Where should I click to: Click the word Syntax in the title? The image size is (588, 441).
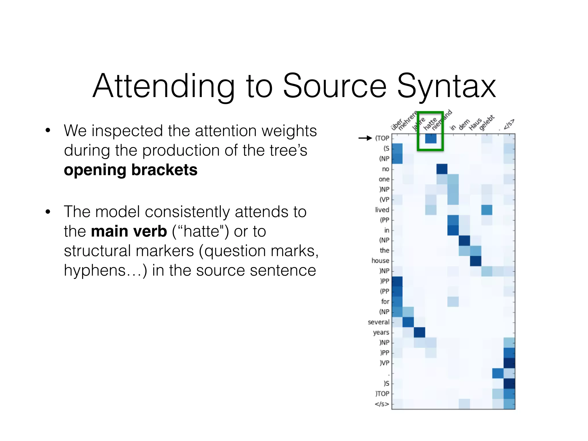tap(446, 86)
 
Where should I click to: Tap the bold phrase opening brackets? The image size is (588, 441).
tap(131, 170)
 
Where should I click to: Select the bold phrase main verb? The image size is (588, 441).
tap(129, 231)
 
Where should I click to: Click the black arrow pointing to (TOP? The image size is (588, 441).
tap(365, 138)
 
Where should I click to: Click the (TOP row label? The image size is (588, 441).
tap(382, 138)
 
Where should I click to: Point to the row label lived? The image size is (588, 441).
tap(382, 210)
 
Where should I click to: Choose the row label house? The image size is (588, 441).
tap(380, 261)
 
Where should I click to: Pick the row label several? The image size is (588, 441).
tap(378, 322)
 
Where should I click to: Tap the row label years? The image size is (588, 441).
tap(381, 332)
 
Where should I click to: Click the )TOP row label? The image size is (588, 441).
tap(382, 394)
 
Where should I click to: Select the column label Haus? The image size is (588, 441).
tap(475, 124)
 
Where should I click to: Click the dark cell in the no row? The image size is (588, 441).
tap(442, 169)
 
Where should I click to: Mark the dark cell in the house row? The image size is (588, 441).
tap(475, 261)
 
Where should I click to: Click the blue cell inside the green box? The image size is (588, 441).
tap(431, 139)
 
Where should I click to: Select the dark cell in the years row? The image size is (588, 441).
tap(419, 332)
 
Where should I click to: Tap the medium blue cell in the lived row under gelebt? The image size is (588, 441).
tap(487, 210)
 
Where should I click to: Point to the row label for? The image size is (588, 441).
tap(385, 301)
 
